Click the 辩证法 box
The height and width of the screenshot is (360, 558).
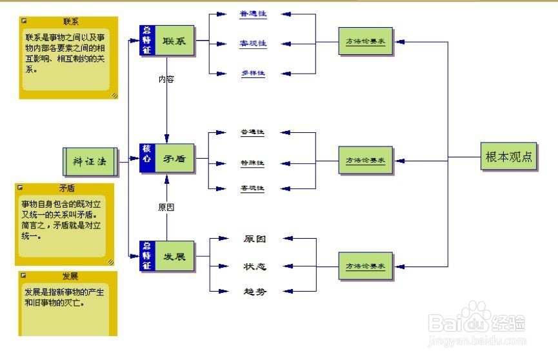click(90, 161)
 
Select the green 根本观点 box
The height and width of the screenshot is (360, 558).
click(508, 157)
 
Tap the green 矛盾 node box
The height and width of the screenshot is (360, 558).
click(174, 157)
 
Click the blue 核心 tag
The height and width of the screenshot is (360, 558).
click(146, 157)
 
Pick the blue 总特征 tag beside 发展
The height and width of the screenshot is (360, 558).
click(146, 256)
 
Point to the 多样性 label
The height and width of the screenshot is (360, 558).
click(253, 73)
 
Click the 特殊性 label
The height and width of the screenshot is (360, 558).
click(252, 163)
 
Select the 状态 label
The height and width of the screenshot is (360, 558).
click(254, 266)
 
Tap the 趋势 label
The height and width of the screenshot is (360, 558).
click(254, 291)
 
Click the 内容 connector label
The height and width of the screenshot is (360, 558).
click(166, 79)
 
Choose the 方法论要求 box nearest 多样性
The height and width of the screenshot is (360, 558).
click(365, 42)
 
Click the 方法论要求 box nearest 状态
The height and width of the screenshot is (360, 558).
click(365, 266)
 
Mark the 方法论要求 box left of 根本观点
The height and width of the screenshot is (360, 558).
click(365, 160)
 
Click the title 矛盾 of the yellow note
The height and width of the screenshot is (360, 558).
click(67, 188)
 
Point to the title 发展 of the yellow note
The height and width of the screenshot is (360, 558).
click(70, 275)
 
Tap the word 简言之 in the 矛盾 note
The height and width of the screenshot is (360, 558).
click(33, 226)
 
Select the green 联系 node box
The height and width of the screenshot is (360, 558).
click(174, 41)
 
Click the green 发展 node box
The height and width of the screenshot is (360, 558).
click(174, 256)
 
